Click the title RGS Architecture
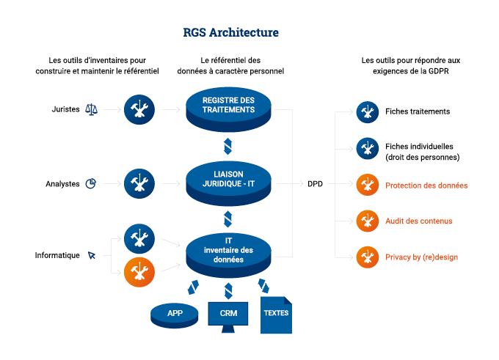(230, 33)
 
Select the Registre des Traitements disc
(228, 106)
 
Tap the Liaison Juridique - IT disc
(228, 178)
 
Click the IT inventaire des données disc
(228, 250)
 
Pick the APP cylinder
(175, 314)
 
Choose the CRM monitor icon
(228, 315)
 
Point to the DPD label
(315, 184)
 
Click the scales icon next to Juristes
(92, 109)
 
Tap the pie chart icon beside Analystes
(92, 183)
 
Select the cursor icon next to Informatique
(92, 255)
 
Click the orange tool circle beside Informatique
(139, 272)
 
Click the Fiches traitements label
(418, 111)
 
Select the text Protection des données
(426, 185)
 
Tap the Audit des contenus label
(419, 221)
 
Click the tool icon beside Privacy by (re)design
(367, 257)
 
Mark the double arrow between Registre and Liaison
(228, 144)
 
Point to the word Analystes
(62, 184)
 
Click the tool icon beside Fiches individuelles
(367, 149)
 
